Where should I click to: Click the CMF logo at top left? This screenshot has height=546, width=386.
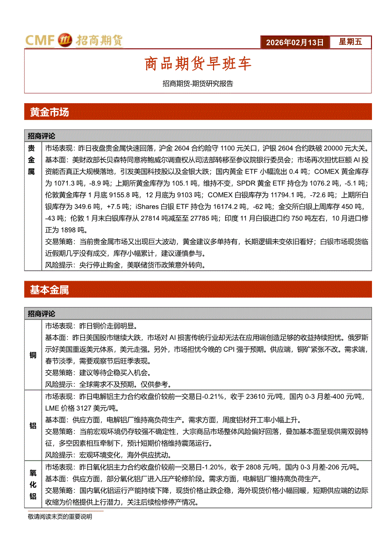(x=73, y=41)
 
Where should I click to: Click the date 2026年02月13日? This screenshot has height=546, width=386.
(x=294, y=42)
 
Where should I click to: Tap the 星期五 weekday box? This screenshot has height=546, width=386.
(x=350, y=42)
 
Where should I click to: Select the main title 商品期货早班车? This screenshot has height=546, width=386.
(x=198, y=64)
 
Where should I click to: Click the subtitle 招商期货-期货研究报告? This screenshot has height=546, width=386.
(x=198, y=84)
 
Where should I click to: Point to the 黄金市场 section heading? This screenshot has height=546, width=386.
(x=50, y=112)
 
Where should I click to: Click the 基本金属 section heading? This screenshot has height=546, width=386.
(x=50, y=290)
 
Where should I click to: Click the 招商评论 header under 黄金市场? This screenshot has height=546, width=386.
(x=41, y=136)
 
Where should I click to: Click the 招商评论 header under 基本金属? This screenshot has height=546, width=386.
(x=41, y=313)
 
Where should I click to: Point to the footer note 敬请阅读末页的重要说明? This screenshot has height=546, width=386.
(x=60, y=517)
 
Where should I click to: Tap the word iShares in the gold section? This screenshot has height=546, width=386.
(x=147, y=206)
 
